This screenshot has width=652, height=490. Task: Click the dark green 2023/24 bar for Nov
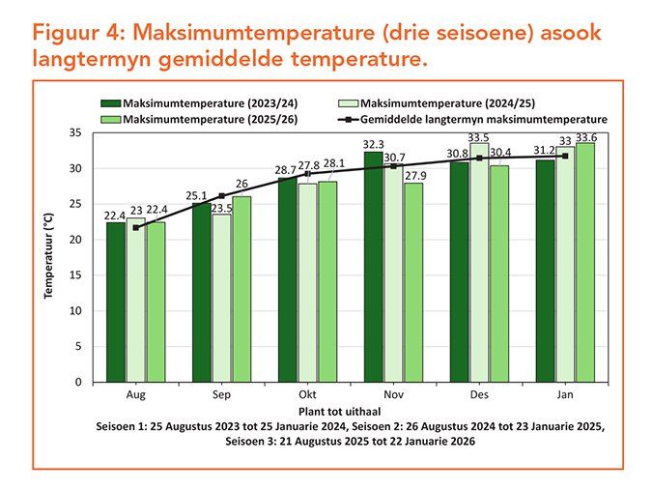tap(373, 267)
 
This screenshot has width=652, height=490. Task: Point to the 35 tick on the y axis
tap(79, 132)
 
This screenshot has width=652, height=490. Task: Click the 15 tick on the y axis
tap(79, 275)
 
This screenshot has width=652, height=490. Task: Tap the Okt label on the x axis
tap(307, 396)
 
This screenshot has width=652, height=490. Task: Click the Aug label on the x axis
tap(136, 396)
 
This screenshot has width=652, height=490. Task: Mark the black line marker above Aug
tap(136, 227)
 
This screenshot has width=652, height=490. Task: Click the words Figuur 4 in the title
tap(75, 31)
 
